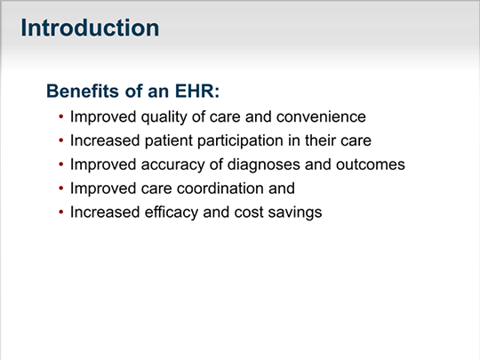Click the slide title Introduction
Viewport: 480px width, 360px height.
point(90,28)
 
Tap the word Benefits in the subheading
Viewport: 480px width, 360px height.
point(83,91)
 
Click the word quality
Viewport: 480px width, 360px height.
point(164,117)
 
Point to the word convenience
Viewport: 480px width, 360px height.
point(321,117)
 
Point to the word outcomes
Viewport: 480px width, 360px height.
point(371,164)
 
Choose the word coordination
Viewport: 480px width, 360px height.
point(220,188)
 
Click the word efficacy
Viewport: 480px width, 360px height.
point(172,212)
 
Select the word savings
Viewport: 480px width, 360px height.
point(295,212)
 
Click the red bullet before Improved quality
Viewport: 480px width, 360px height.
point(61,116)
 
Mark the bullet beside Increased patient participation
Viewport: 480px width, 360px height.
point(61,140)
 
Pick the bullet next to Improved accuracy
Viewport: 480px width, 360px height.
point(61,164)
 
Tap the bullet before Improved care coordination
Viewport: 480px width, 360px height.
point(61,188)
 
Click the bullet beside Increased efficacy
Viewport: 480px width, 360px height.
point(61,212)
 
